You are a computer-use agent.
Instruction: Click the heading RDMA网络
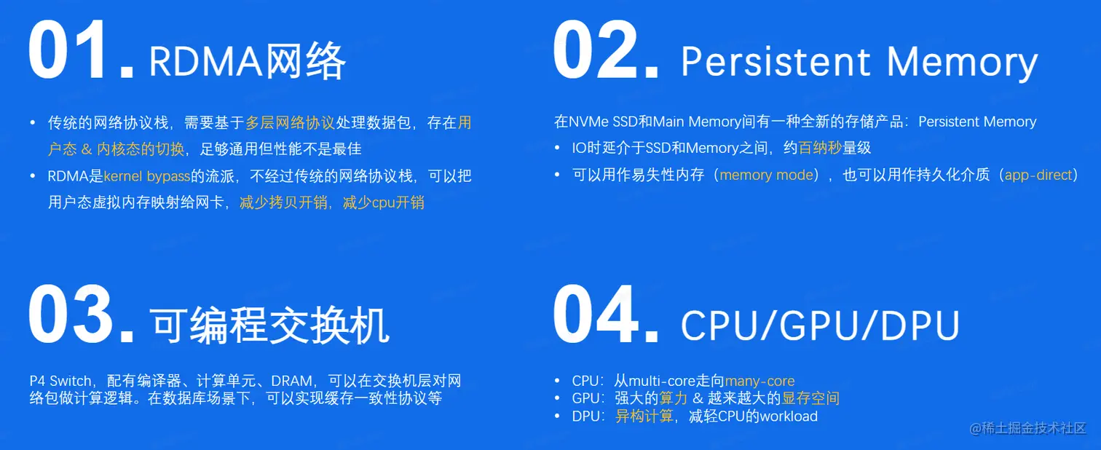pyautogui.click(x=248, y=61)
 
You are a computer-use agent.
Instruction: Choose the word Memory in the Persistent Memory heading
pyautogui.click(x=962, y=63)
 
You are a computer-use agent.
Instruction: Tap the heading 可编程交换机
pyautogui.click(x=269, y=325)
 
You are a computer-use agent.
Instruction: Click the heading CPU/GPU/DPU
pyautogui.click(x=820, y=325)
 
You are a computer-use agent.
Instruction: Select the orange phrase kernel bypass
pyautogui.click(x=147, y=176)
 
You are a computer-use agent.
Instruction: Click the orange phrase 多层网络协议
pyautogui.click(x=290, y=122)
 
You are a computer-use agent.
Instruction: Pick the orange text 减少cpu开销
pyautogui.click(x=383, y=202)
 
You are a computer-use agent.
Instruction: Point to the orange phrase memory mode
pyautogui.click(x=766, y=175)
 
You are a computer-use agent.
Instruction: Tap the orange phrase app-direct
pyautogui.click(x=1038, y=175)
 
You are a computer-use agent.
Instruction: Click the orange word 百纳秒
pyautogui.click(x=820, y=148)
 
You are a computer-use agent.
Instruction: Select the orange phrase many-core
pyautogui.click(x=759, y=382)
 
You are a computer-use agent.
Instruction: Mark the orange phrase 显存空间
pyautogui.click(x=810, y=398)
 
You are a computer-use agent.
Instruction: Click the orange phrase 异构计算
pyautogui.click(x=644, y=416)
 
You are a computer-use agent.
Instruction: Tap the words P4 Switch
pyautogui.click(x=60, y=381)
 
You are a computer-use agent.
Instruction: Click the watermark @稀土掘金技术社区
pyautogui.click(x=1027, y=428)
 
